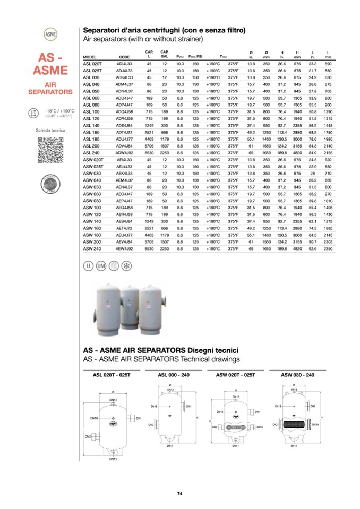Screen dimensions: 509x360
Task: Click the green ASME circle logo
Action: tap(51, 34)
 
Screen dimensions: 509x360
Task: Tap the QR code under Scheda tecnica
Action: tap(50, 149)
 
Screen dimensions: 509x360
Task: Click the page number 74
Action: tap(179, 494)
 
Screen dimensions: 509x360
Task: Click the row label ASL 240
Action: tap(92, 152)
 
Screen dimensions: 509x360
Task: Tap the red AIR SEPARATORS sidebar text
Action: tap(50, 88)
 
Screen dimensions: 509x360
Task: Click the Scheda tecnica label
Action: tap(50, 130)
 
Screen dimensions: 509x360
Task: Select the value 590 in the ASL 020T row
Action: tap(329, 63)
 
